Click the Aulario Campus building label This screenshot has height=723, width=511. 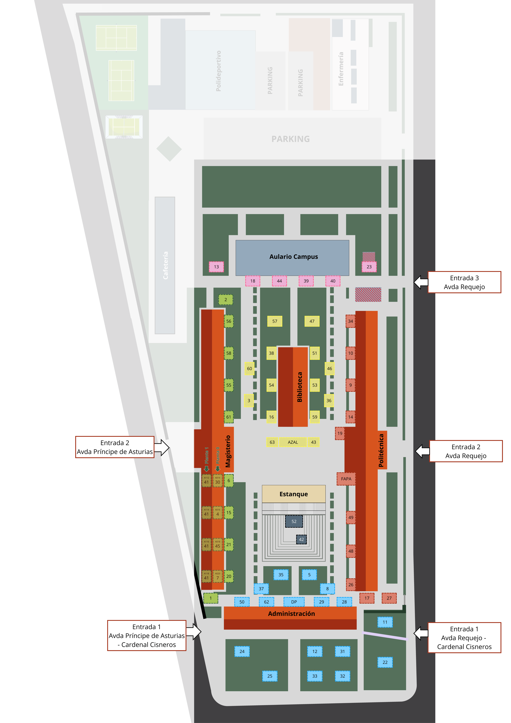(293, 257)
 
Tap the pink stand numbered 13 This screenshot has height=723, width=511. (216, 267)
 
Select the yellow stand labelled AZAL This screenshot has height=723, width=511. (293, 442)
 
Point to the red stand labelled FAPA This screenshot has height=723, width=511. (346, 479)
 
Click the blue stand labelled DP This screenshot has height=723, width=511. (294, 602)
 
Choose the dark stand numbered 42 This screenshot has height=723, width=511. (301, 539)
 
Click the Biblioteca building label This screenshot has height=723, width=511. (300, 387)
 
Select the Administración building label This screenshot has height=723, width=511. (291, 613)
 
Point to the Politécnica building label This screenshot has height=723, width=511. (381, 450)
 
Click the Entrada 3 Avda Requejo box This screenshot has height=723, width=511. (464, 282)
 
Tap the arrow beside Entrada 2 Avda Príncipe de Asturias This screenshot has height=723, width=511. (162, 447)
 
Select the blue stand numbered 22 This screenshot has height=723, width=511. (385, 662)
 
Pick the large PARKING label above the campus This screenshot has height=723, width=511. (290, 139)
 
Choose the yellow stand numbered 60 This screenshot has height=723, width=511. (249, 368)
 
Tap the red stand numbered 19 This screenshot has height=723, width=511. (340, 433)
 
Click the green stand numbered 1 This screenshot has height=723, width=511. (211, 598)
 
